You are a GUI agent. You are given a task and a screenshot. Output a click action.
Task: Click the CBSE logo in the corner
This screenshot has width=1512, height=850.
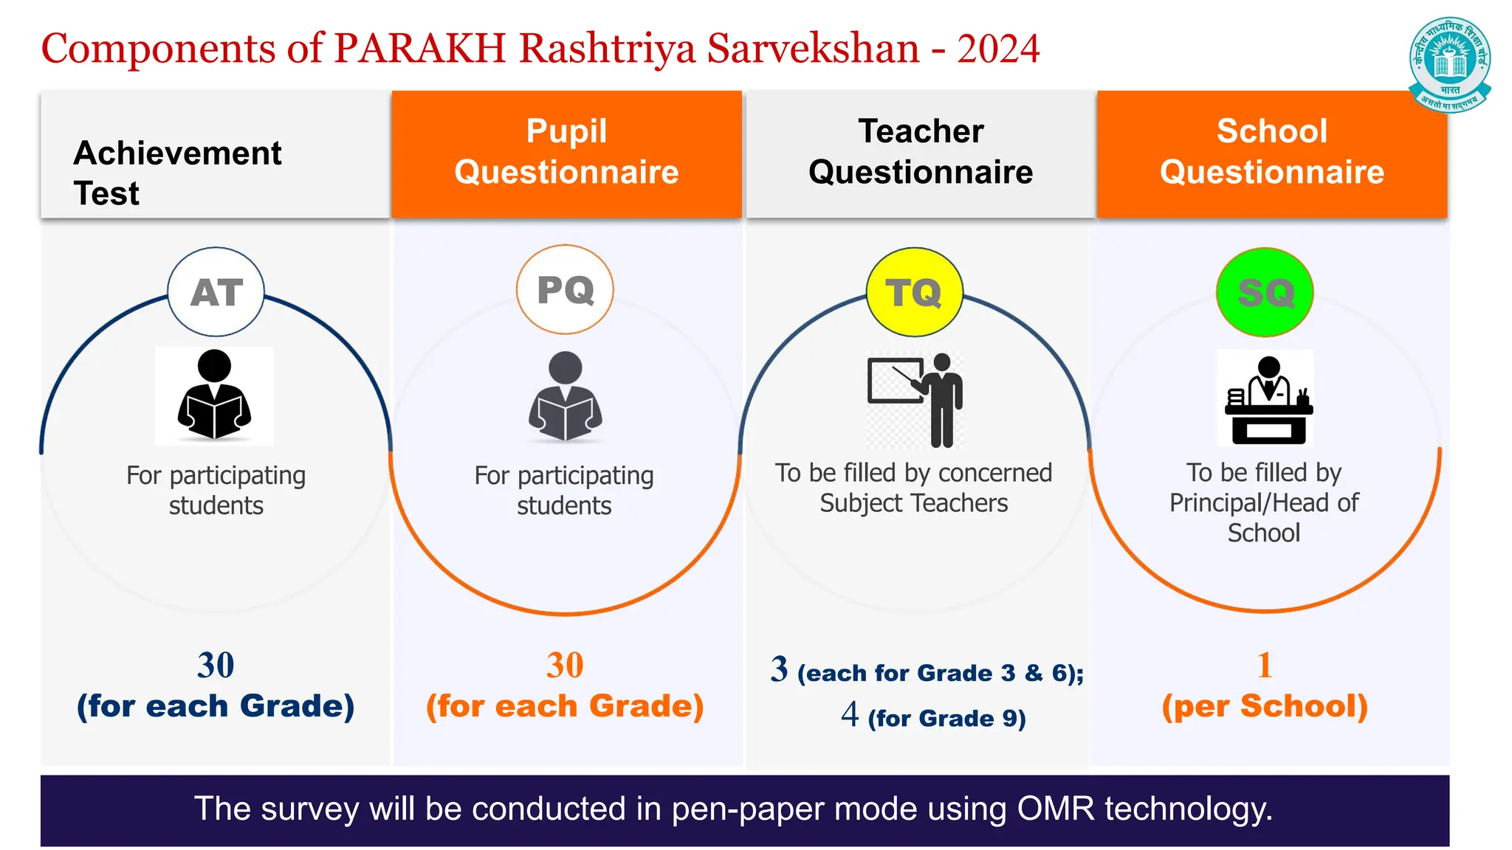click(x=1449, y=63)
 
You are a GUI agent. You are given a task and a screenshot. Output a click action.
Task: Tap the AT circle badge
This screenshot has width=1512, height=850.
click(x=216, y=292)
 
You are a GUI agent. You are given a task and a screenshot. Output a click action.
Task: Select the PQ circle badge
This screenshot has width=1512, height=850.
click(x=565, y=290)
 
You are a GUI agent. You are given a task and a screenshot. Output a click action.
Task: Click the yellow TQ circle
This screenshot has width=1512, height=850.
click(x=914, y=292)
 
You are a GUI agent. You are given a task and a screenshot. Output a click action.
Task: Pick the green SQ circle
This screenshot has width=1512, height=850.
click(x=1265, y=292)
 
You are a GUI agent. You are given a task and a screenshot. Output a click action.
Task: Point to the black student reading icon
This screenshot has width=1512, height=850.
click(x=214, y=395)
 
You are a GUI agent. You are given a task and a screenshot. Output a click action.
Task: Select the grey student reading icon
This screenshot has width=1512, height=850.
click(x=565, y=397)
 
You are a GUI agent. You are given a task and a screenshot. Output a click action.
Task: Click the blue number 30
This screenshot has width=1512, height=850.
click(x=216, y=665)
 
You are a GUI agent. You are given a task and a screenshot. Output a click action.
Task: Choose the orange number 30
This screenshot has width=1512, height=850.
click(x=565, y=665)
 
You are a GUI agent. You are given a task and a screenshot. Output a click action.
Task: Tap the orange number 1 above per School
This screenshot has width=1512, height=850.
click(x=1265, y=665)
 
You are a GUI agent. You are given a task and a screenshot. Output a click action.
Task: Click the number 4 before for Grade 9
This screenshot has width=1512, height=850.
click(x=850, y=714)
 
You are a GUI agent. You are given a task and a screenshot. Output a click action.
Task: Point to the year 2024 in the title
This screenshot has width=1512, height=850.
click(x=998, y=49)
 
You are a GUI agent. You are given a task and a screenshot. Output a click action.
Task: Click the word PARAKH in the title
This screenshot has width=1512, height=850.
click(x=419, y=49)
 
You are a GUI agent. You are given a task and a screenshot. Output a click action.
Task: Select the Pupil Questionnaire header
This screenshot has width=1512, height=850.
click(x=566, y=152)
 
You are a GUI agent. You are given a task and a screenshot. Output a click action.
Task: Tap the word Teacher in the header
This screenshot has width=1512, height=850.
click(x=921, y=131)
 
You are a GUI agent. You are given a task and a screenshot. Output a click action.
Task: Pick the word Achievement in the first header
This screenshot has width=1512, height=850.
click(x=178, y=153)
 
